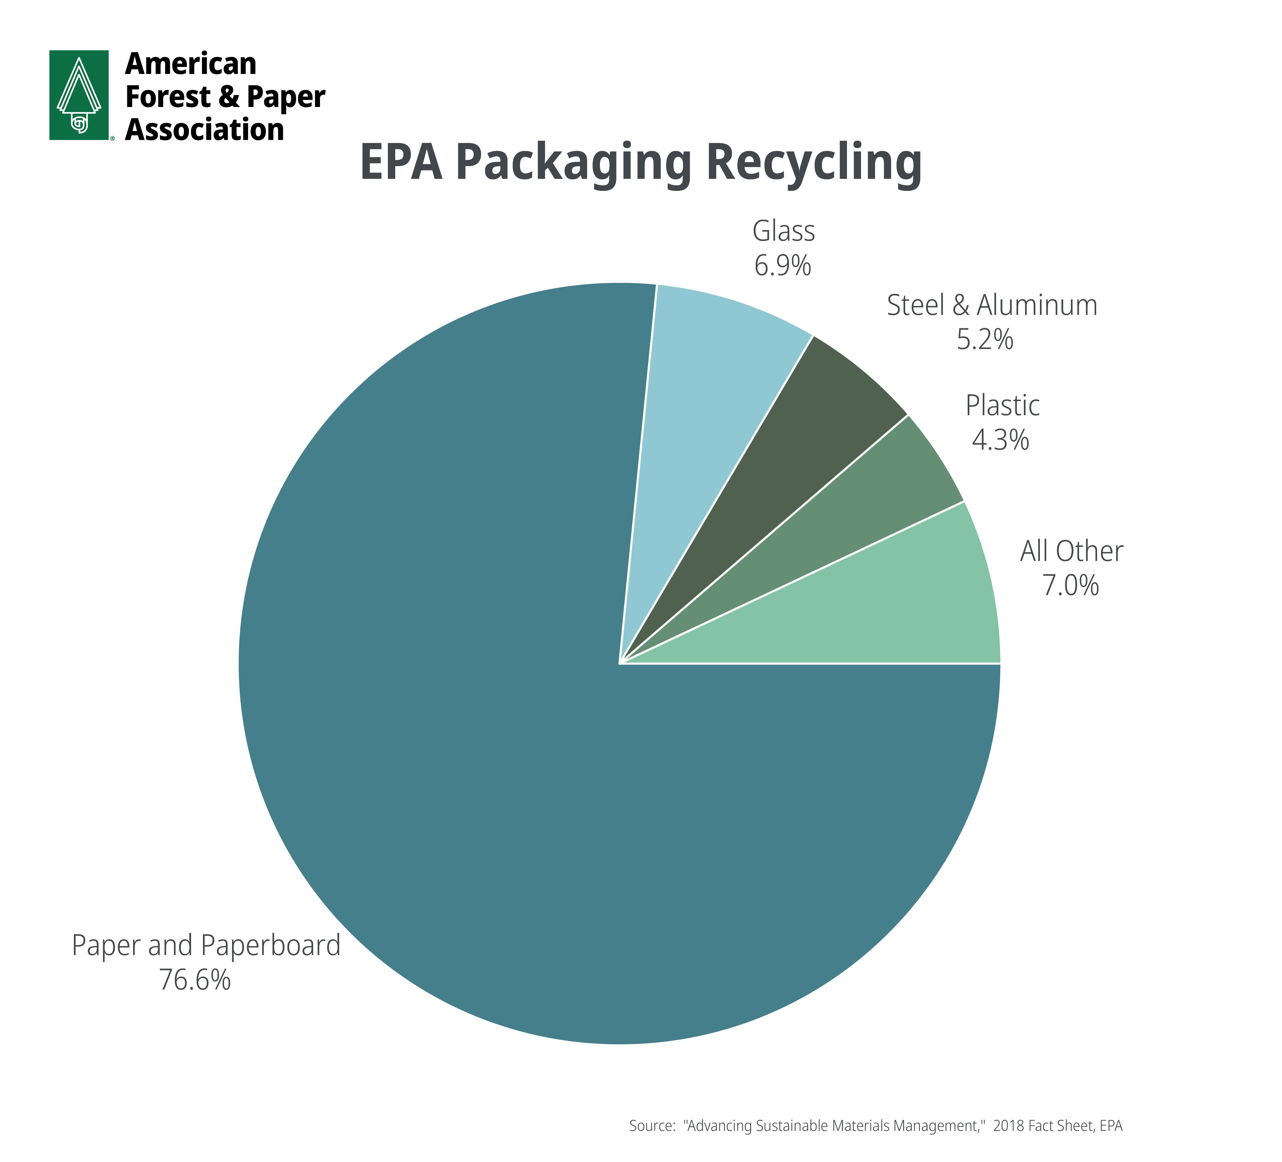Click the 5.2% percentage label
tap(985, 339)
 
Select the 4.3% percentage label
tap(1000, 440)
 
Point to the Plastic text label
tap(1002, 405)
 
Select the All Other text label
tap(1072, 551)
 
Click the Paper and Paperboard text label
tap(206, 945)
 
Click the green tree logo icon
tap(79, 95)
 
